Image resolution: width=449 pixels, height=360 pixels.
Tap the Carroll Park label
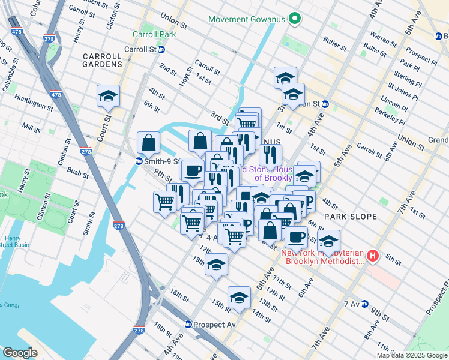pyautogui.click(x=155, y=34)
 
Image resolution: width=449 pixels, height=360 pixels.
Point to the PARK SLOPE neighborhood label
pyautogui.click(x=351, y=216)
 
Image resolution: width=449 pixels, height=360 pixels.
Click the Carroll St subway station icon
pyautogui.click(x=161, y=49)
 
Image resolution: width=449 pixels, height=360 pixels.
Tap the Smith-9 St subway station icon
pyautogui.click(x=139, y=161)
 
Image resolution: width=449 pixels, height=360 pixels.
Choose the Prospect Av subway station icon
pyautogui.click(x=188, y=325)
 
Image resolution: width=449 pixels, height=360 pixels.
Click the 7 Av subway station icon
pyautogui.click(x=365, y=304)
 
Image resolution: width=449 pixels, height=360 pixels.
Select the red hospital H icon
pyautogui.click(x=373, y=256)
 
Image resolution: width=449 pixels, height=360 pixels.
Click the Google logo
pyautogui.click(x=20, y=352)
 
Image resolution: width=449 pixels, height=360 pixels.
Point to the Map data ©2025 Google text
pyautogui.click(x=412, y=355)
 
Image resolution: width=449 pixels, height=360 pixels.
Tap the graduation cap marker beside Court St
pyautogui.click(x=108, y=96)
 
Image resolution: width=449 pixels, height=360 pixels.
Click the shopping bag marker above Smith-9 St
pyautogui.click(x=148, y=143)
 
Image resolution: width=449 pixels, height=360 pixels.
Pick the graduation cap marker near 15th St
pyautogui.click(x=239, y=298)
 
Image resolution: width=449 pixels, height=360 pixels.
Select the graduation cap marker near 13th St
pyautogui.click(x=216, y=265)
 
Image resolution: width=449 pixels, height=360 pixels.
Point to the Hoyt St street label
pyautogui.click(x=184, y=77)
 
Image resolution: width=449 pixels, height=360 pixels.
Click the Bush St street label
pyautogui.click(x=78, y=173)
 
